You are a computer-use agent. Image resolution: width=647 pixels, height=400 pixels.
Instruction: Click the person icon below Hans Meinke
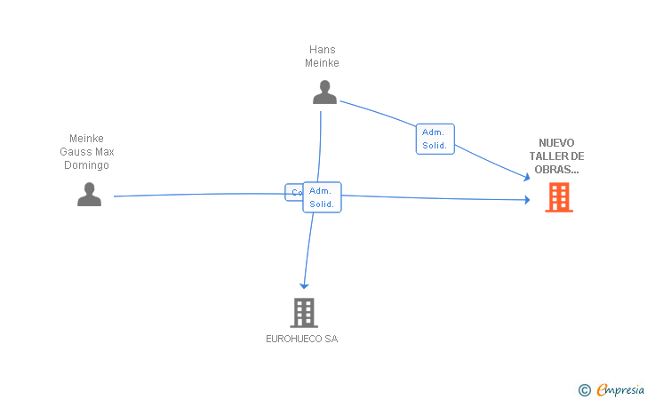[324, 92]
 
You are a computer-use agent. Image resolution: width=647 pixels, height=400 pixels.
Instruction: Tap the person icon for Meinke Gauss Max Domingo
[89, 194]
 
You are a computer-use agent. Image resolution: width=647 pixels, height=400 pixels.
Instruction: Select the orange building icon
[559, 197]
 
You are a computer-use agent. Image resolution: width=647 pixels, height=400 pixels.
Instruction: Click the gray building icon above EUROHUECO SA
[304, 312]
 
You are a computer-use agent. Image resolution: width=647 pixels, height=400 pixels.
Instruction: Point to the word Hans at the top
[323, 50]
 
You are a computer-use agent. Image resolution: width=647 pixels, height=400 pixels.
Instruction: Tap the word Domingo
[87, 165]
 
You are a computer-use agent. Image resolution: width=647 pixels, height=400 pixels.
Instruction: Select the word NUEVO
[557, 142]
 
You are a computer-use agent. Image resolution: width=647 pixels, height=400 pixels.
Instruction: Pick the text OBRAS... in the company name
[557, 169]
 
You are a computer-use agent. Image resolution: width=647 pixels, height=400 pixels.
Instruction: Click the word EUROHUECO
[294, 339]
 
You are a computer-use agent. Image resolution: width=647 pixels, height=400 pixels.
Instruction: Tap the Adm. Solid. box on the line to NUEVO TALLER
[435, 139]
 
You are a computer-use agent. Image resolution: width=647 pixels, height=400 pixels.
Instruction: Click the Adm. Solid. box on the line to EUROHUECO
[322, 197]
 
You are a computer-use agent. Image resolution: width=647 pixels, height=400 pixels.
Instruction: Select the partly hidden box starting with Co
[292, 192]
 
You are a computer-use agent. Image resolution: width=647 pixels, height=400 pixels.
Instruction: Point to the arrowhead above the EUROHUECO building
[304, 285]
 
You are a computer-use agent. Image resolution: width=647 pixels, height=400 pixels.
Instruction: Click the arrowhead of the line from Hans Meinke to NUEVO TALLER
[526, 177]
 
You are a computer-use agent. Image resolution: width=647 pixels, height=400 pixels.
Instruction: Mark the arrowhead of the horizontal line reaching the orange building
[526, 200]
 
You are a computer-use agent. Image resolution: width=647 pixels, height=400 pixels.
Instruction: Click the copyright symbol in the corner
[584, 389]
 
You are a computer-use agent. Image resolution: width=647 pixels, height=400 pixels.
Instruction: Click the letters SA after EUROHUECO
[331, 339]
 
